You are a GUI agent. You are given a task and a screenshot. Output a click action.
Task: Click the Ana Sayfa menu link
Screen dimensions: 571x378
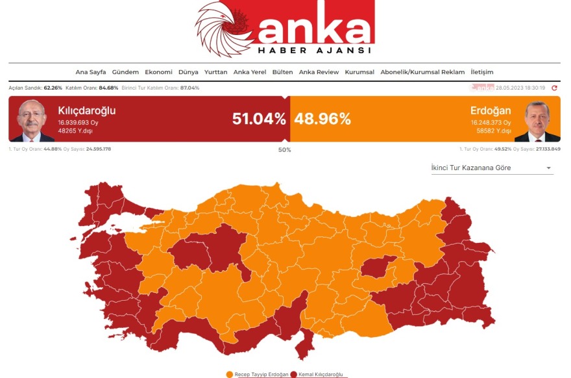coord(90,72)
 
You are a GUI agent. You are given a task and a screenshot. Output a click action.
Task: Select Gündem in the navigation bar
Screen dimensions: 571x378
coord(125,72)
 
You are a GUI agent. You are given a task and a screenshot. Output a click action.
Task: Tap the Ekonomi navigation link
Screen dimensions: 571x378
coord(158,72)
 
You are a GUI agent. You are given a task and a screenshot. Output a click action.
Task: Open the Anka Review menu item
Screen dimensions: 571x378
coord(319,72)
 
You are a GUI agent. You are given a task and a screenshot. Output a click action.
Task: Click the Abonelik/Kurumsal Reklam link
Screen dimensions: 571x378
coord(422,72)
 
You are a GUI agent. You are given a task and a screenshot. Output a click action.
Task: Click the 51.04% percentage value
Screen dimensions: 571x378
coord(259,119)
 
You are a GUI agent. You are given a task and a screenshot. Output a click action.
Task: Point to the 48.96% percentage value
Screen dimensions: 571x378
coord(322,119)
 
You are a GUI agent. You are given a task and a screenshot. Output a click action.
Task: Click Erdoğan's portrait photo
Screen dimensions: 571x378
coord(537,121)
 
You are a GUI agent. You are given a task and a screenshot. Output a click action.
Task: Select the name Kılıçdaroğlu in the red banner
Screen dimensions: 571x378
coord(86,110)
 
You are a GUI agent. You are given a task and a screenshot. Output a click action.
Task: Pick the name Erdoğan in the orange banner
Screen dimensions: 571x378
coord(491,110)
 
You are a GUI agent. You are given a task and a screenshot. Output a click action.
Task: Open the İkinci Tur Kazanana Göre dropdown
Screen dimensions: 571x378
coord(492,168)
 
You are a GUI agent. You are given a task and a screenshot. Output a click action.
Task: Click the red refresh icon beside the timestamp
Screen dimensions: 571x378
coord(555,88)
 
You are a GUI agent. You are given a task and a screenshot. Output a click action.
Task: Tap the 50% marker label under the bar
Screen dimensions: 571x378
coord(285,150)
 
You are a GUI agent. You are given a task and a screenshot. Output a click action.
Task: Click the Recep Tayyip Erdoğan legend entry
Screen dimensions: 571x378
coord(258,374)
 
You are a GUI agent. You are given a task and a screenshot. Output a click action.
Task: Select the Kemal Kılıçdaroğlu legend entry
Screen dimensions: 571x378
coord(319,374)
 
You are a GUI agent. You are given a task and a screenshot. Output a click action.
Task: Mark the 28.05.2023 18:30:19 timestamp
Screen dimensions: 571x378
coord(520,88)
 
